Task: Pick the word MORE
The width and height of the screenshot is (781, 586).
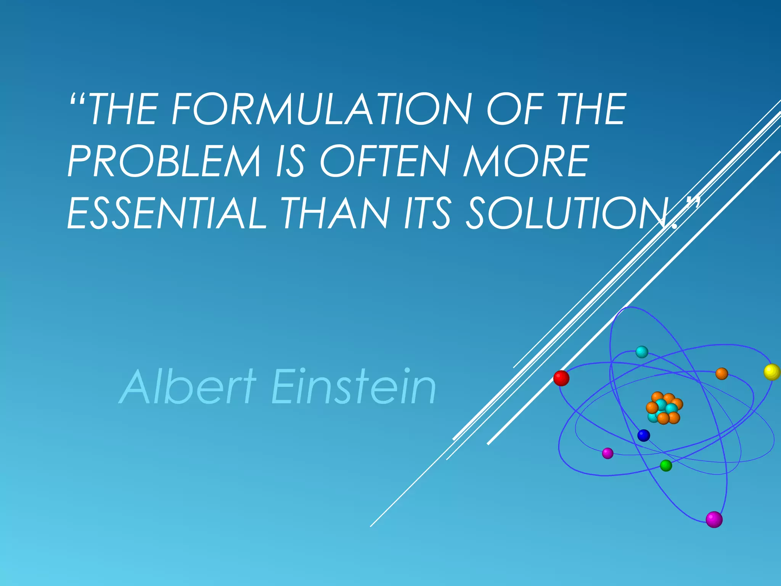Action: (x=526, y=161)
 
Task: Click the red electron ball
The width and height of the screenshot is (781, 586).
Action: (x=561, y=378)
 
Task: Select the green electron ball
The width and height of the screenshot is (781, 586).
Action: (x=666, y=465)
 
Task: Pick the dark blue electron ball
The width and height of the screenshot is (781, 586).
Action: (x=644, y=435)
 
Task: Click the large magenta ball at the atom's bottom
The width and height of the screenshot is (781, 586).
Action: (x=714, y=519)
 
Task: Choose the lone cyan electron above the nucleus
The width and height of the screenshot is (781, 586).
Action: (x=642, y=352)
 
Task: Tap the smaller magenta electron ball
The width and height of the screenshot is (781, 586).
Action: (x=607, y=453)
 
